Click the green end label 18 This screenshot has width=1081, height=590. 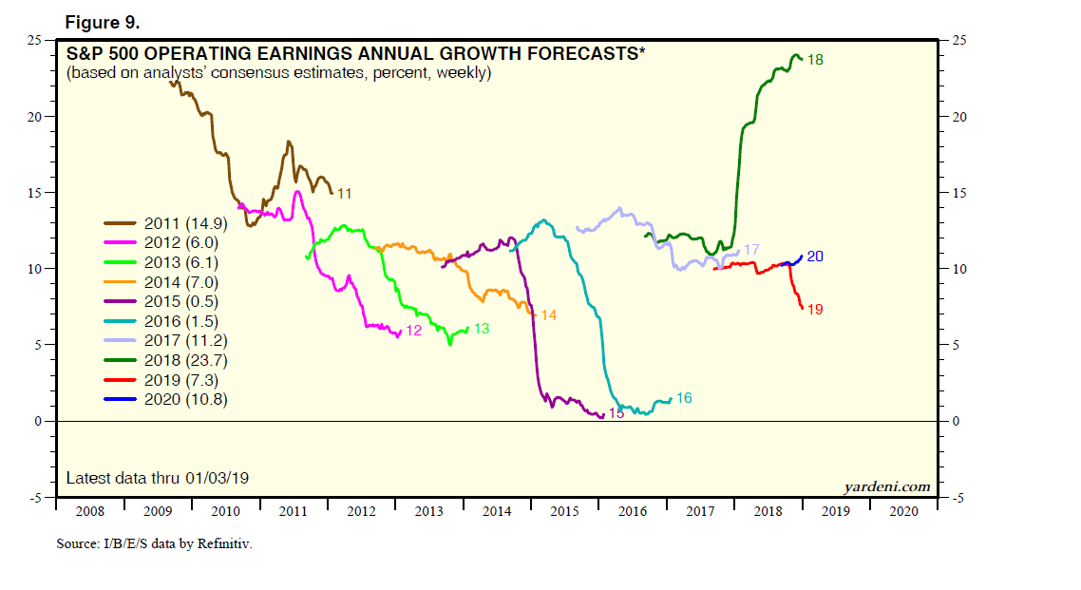tap(814, 60)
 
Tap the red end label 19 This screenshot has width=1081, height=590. tap(814, 310)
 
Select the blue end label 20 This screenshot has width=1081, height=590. tap(815, 257)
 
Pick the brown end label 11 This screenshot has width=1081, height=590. tap(344, 194)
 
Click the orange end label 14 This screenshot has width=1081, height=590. tap(548, 314)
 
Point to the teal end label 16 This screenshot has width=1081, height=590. tap(684, 398)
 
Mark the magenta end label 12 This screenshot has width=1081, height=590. tap(413, 331)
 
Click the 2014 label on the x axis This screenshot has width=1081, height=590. tap(497, 510)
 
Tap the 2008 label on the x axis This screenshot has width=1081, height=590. tap(89, 510)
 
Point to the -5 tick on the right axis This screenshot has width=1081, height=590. tap(957, 497)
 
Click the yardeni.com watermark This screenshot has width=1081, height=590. tap(887, 486)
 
